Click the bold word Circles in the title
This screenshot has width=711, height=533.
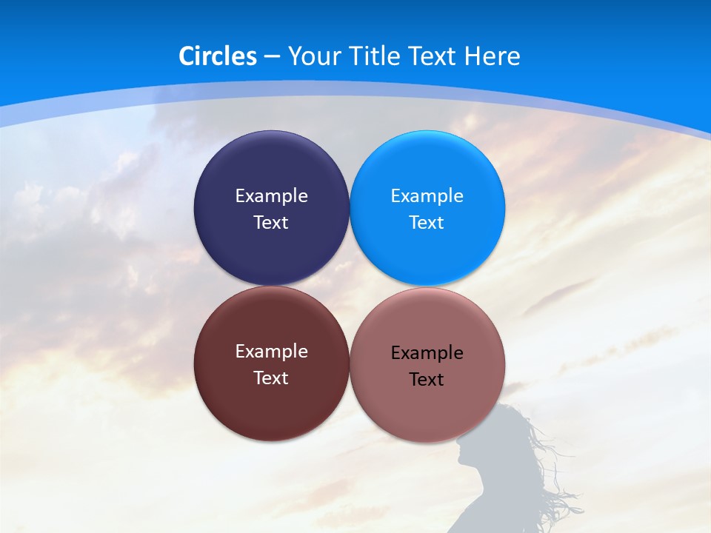[218, 56]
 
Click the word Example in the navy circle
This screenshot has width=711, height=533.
[271, 196]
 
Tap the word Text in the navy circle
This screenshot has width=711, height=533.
[271, 223]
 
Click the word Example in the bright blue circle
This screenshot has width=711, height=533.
[427, 196]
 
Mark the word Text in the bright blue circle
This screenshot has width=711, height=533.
[427, 223]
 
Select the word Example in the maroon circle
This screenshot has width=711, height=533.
[271, 352]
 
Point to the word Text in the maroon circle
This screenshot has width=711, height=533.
[271, 378]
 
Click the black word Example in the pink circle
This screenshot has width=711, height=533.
[427, 353]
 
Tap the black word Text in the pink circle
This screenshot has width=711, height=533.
[427, 380]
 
